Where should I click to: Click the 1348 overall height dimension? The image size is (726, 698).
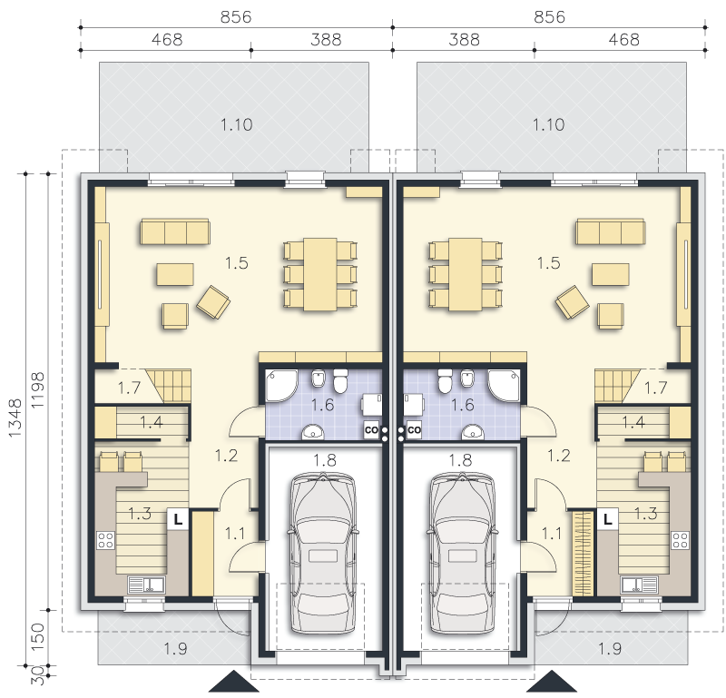coord(15,418)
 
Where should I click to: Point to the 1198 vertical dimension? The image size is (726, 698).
coord(37,390)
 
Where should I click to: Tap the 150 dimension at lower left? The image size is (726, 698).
coord(37,636)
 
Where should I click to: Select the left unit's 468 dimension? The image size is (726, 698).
coord(167,40)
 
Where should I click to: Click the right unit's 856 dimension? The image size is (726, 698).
coord(550,17)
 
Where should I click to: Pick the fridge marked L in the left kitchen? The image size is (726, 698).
coord(178,519)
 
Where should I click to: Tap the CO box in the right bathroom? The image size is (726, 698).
coord(414,430)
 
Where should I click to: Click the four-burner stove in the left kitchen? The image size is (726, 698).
coord(106,541)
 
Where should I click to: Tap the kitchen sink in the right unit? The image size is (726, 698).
coord(639,585)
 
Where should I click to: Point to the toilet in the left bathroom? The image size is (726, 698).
coord(341,381)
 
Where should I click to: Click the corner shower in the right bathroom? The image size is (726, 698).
coord(505,386)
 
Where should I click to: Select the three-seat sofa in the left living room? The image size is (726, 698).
coord(175,231)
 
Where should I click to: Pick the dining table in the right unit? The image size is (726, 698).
coord(466,274)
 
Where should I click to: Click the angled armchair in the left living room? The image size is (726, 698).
coord(213,302)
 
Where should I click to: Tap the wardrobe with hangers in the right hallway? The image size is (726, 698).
coord(584,553)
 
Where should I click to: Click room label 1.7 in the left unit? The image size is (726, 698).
coord(129,388)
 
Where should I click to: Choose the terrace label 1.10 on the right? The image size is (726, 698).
coord(549,124)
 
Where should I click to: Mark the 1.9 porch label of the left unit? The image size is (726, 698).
coord(175,649)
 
